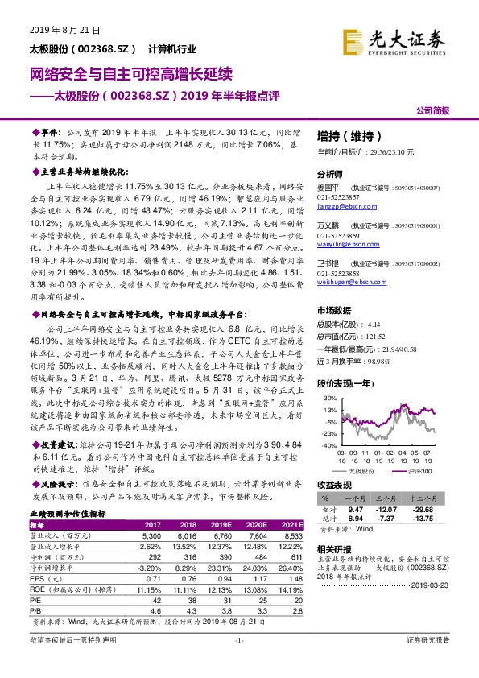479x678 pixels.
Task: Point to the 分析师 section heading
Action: [331, 174]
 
